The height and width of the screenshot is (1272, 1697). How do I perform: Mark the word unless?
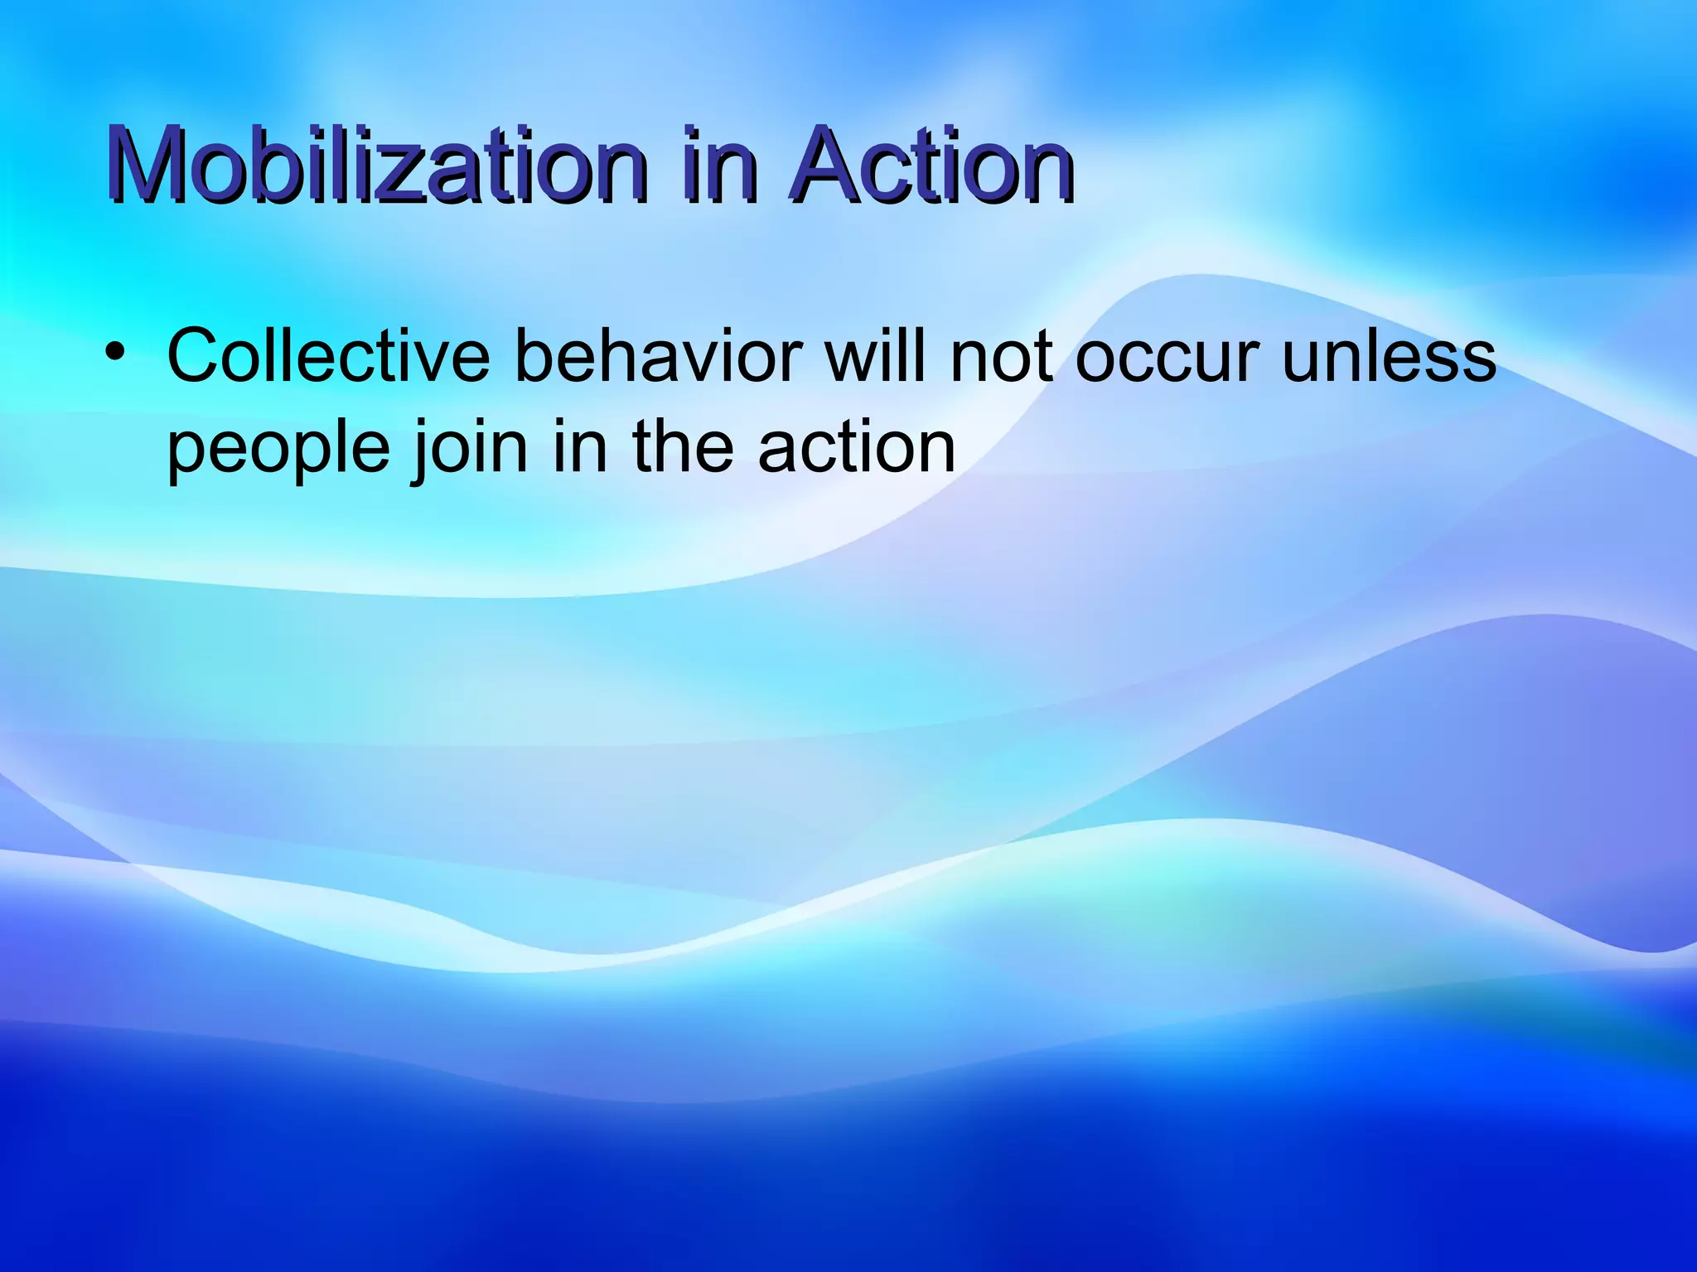(1389, 356)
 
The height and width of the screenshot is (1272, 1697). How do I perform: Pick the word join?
(469, 447)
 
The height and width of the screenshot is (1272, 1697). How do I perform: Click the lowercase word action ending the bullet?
(857, 447)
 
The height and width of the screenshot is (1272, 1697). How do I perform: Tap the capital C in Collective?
(196, 356)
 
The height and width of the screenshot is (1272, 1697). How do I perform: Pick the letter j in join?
(422, 451)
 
